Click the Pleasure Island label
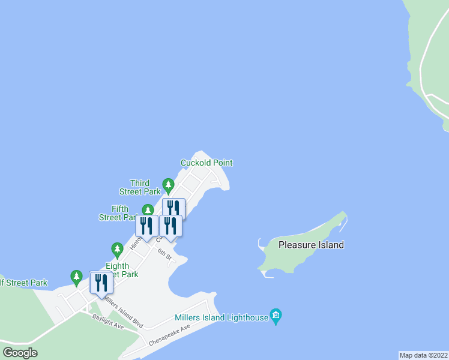[311, 245]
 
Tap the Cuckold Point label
[206, 163]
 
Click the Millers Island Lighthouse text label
[221, 317]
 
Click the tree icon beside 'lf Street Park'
[76, 277]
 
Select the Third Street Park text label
[144, 187]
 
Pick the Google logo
[20, 353]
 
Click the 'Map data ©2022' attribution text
[423, 355]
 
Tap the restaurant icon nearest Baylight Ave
[100, 282]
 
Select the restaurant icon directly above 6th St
[170, 226]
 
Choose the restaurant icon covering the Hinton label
[146, 226]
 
